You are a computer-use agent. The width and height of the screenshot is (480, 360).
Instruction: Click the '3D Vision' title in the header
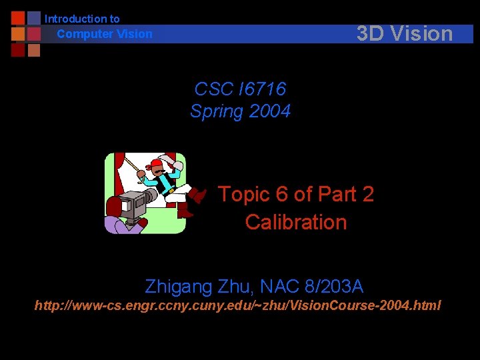[x=404, y=33]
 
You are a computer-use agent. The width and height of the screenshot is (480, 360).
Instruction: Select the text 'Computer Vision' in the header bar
[x=105, y=34]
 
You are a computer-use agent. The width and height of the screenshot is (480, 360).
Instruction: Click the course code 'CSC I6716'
[x=240, y=89]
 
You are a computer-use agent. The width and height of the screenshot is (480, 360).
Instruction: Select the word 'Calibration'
[x=295, y=222]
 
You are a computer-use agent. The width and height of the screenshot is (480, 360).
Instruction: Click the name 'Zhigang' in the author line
[x=179, y=287]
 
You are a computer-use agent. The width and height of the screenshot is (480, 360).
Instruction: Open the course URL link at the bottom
[x=238, y=306]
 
